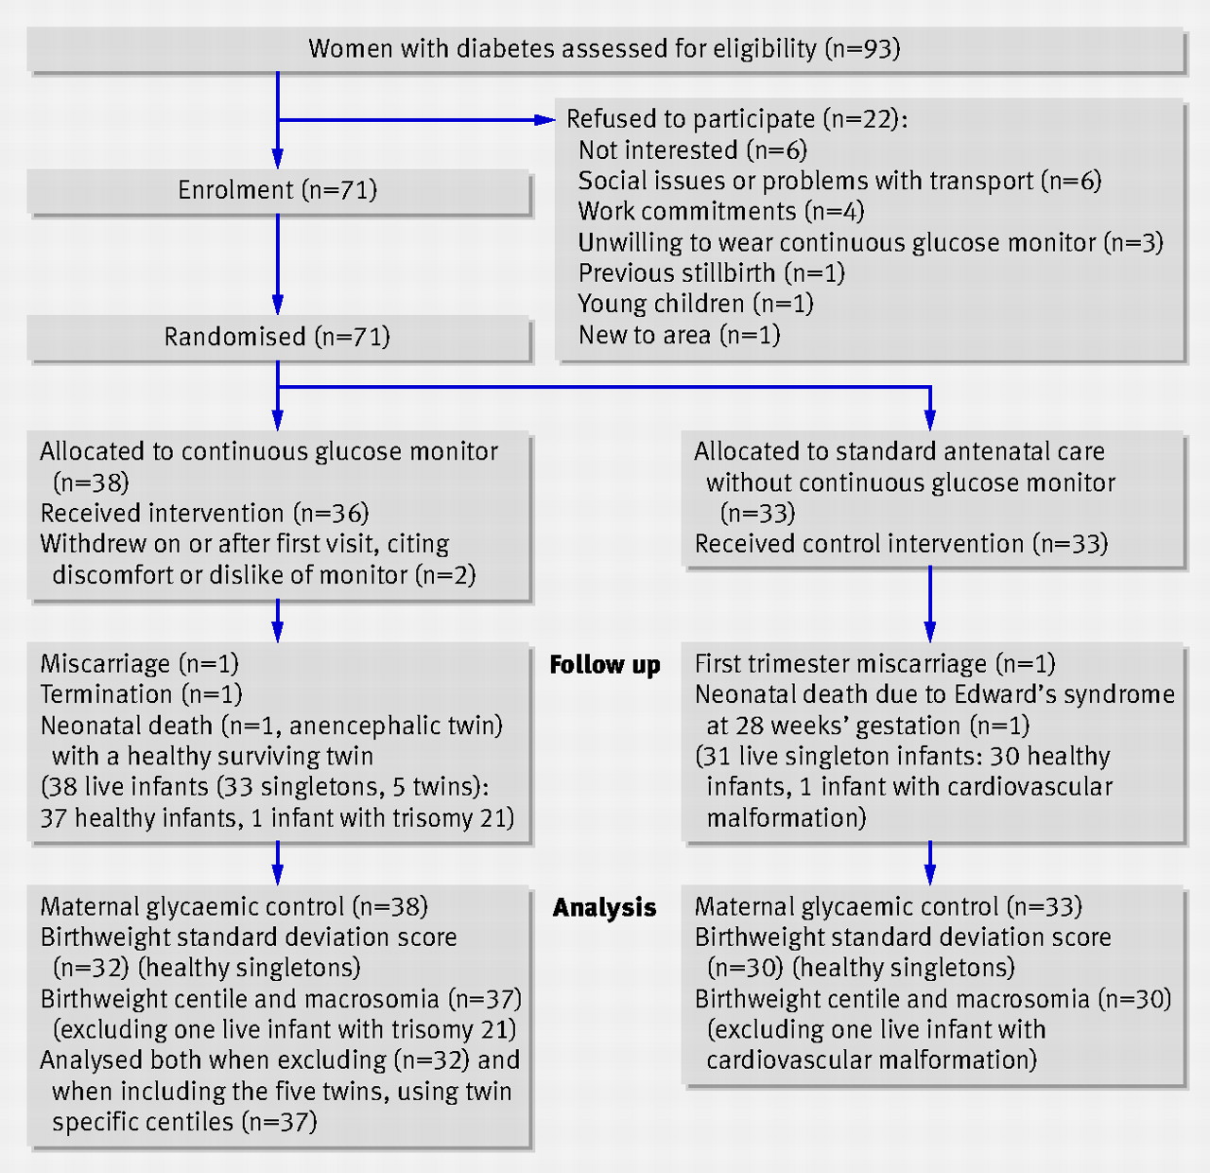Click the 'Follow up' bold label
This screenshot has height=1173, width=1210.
[605, 665]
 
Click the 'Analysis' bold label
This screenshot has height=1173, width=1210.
[604, 908]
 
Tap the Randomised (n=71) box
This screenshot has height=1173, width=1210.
[278, 337]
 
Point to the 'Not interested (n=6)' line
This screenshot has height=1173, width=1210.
[693, 150]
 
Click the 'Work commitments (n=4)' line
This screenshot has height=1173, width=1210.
[721, 212]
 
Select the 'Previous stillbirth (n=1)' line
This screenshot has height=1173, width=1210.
[711, 273]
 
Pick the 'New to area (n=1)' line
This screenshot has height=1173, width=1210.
[679, 335]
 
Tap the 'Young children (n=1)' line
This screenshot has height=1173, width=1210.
[696, 304]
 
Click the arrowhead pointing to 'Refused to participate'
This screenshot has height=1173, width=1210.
[544, 119]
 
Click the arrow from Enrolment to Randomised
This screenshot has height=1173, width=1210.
[278, 264]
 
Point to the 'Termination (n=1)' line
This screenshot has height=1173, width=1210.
[141, 694]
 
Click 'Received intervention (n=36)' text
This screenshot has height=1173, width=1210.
[204, 514]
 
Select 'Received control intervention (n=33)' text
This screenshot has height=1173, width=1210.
[901, 544]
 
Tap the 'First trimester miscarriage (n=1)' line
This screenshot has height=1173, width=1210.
[874, 664]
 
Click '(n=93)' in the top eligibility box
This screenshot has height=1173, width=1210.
[862, 49]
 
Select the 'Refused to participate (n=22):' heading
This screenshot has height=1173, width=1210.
[736, 119]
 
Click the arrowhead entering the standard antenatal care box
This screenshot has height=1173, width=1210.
[930, 421]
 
